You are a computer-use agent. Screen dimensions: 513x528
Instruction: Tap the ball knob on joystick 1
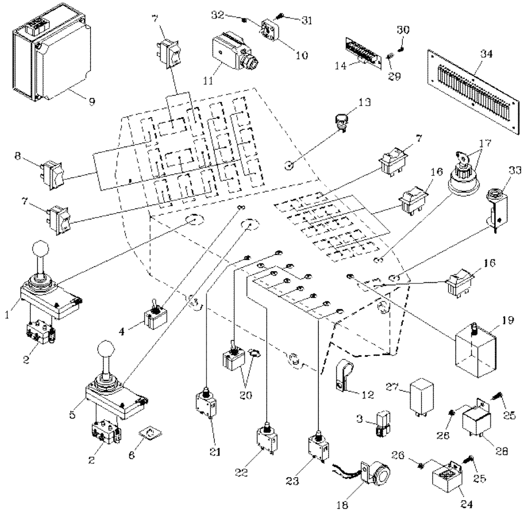41,250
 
